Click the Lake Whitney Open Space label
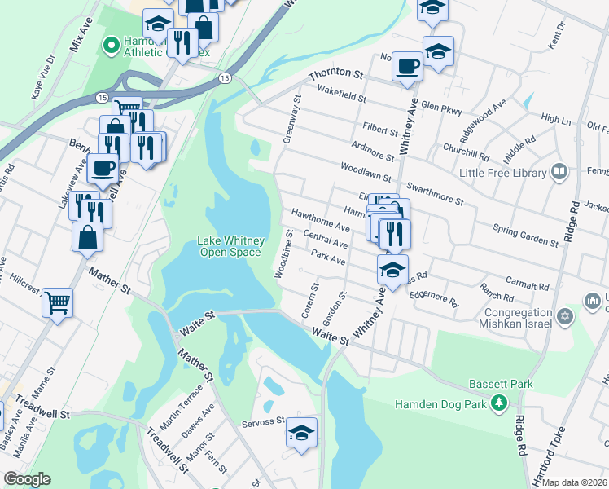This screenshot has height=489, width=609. (231, 246)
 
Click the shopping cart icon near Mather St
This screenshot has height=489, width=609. (57, 302)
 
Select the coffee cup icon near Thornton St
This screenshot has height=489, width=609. (407, 65)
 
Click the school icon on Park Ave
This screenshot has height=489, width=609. (392, 268)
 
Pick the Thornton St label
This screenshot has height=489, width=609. (335, 74)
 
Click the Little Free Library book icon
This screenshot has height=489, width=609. (559, 171)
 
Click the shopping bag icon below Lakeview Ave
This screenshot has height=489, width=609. (87, 237)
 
